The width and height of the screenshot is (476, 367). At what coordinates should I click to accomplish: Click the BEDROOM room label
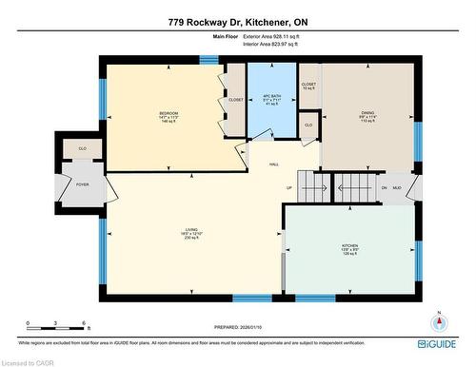point(169,113)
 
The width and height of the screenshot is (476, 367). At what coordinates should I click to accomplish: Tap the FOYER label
point(69,183)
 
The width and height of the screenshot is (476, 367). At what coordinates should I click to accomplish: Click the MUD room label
point(398,187)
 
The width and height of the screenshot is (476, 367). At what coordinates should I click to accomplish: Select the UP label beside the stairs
point(289,187)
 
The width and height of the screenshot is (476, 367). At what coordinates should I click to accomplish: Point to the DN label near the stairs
point(385,187)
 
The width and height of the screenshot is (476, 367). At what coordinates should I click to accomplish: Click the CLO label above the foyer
point(69,149)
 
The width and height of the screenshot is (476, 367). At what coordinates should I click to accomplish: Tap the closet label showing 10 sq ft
point(308,86)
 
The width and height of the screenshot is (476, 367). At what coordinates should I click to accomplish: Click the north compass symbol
point(438,322)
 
